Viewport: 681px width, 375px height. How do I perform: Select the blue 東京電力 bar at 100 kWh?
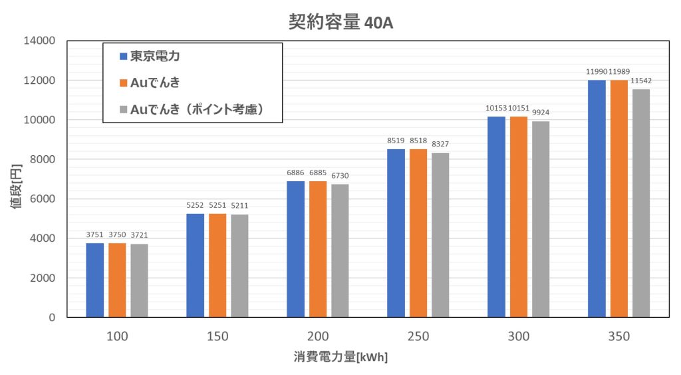(95, 280)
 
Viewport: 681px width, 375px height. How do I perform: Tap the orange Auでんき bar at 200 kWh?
(318, 249)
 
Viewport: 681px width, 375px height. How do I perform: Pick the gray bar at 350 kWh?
(640, 203)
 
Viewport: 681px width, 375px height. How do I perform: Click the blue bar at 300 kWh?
(496, 217)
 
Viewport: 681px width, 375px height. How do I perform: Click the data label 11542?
(640, 81)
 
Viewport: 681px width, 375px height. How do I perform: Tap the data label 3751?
(95, 234)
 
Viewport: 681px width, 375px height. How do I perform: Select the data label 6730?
(339, 176)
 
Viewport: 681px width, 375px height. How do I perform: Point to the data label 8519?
(396, 141)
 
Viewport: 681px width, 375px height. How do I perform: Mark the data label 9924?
(540, 113)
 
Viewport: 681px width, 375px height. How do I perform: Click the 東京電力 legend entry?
(154, 57)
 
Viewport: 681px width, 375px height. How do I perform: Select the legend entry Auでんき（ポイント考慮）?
(197, 109)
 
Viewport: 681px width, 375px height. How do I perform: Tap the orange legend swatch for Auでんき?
(122, 83)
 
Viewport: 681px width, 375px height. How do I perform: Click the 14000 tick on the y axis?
(41, 41)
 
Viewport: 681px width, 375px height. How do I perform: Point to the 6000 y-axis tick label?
(43, 199)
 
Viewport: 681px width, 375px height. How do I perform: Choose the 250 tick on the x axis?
(418, 336)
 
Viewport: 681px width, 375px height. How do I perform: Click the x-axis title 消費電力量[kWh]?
(340, 357)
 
